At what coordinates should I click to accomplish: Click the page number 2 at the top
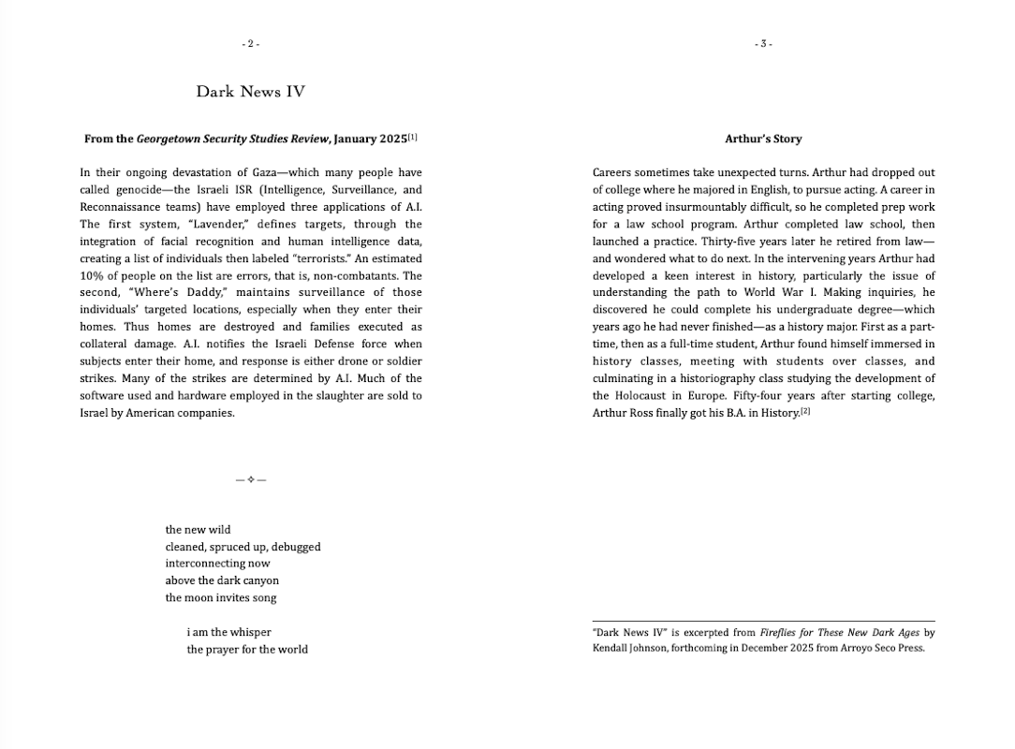tap(250, 44)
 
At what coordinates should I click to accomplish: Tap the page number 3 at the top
tap(763, 44)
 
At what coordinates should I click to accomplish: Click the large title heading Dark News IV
tap(250, 92)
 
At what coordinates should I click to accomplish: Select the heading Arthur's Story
tap(763, 139)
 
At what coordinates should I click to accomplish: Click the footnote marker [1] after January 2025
tap(413, 137)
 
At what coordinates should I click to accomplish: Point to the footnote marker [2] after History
tap(805, 411)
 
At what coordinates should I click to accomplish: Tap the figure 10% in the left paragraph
tap(93, 275)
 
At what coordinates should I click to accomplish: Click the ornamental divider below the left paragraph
tap(251, 479)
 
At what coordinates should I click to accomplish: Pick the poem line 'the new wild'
tap(198, 530)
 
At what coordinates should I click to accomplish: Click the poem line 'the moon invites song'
tap(221, 598)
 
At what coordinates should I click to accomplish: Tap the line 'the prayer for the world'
tap(247, 650)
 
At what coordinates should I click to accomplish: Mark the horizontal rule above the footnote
tap(763, 621)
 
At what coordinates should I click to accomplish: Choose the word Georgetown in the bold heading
tap(167, 139)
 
